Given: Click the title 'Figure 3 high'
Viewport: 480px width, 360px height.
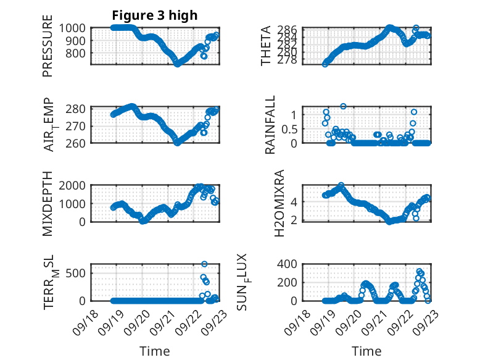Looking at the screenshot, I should coord(154,15).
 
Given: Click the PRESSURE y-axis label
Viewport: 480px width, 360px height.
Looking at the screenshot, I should coord(48,46).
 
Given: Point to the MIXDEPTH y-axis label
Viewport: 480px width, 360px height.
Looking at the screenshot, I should coord(48,204).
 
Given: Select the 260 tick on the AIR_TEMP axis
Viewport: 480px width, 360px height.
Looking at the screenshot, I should coord(79,143).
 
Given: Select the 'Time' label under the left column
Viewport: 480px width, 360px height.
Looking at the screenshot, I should coord(154,351).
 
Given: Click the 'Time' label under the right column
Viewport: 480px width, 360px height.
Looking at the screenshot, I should coord(367,351).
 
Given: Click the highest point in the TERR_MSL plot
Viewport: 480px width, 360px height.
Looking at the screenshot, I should coord(204,264).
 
